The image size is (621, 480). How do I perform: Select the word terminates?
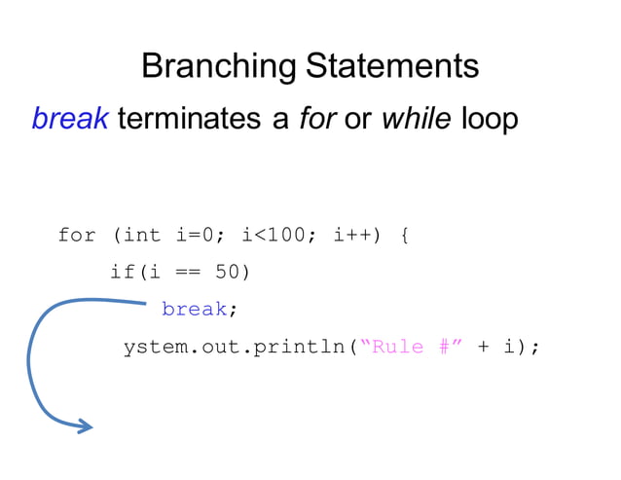pyautogui.click(x=190, y=119)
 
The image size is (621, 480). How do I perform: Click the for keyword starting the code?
pyautogui.click(x=77, y=235)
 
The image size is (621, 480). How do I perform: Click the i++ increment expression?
pyautogui.click(x=352, y=235)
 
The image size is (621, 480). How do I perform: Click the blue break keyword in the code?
pyautogui.click(x=194, y=309)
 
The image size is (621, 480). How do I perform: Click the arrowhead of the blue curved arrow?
pyautogui.click(x=86, y=425)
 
